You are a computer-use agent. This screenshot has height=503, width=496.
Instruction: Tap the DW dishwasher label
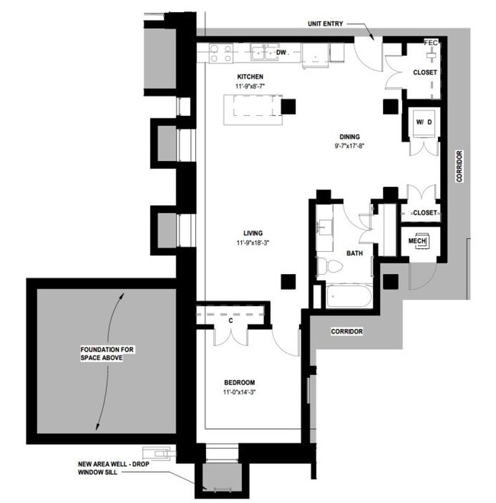point(281,53)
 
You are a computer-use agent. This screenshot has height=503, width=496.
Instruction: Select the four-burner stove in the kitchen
point(221,53)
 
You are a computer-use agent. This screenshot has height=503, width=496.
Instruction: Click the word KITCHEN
point(250,77)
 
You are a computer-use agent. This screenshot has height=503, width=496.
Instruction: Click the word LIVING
point(253,233)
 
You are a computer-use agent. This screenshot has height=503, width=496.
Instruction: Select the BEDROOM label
point(239,382)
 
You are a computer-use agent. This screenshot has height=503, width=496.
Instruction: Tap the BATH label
point(354,253)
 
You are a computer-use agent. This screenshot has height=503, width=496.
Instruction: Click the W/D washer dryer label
point(424,122)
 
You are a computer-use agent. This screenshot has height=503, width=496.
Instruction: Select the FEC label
point(431,41)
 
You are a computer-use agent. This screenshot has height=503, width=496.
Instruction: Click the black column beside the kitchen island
point(288,106)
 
